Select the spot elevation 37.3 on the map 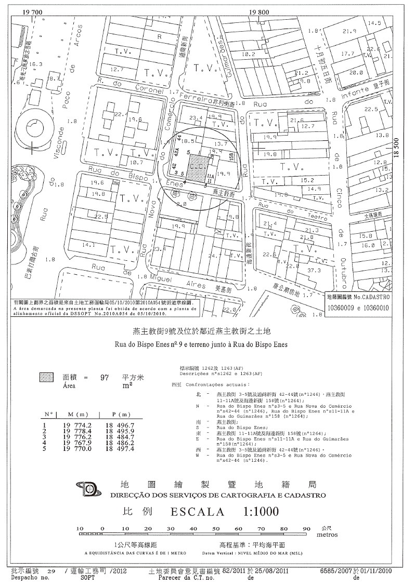pos(314,270)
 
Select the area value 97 pos(104,378)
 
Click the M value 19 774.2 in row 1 pos(78,424)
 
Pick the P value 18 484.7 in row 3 pos(121,436)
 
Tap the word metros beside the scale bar pos(327,535)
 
